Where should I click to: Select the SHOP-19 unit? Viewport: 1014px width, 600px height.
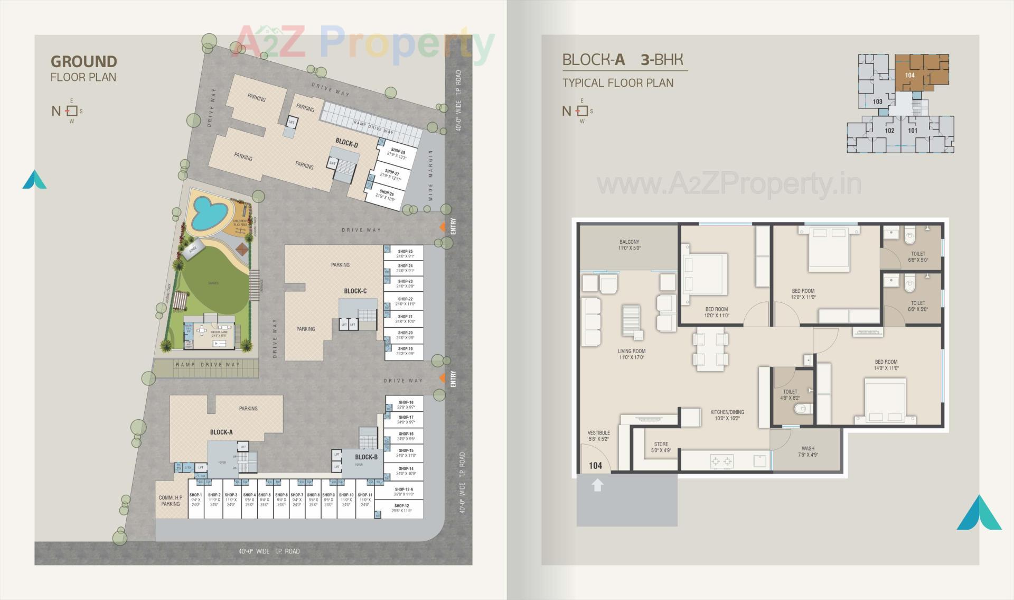click(x=405, y=351)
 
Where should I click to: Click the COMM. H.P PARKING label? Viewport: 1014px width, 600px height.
click(x=170, y=501)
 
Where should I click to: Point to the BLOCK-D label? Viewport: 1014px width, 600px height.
click(x=346, y=143)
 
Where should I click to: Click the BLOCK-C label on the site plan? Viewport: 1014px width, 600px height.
click(x=355, y=291)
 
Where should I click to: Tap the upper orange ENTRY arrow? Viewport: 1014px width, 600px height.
click(x=443, y=227)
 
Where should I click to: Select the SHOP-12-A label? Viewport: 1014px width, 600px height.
click(x=403, y=490)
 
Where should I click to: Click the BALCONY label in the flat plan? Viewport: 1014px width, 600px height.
click(x=629, y=245)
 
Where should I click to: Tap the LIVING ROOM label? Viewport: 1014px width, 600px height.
click(x=631, y=354)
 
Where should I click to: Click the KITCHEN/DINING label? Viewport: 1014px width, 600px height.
click(x=727, y=415)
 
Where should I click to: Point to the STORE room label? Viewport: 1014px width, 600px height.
click(x=661, y=447)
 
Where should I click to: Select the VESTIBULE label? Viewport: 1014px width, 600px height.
click(x=598, y=436)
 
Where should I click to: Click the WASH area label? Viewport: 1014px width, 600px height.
click(x=808, y=451)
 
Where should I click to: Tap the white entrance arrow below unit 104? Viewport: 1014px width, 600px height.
click(x=597, y=485)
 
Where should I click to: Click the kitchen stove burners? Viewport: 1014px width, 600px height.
click(x=722, y=461)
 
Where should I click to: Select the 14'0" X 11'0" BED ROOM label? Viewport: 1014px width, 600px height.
click(x=886, y=365)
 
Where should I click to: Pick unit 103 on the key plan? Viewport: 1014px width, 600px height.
click(x=877, y=101)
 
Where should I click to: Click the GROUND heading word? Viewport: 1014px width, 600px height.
click(x=83, y=61)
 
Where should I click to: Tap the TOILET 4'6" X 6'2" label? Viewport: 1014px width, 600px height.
click(x=790, y=395)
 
